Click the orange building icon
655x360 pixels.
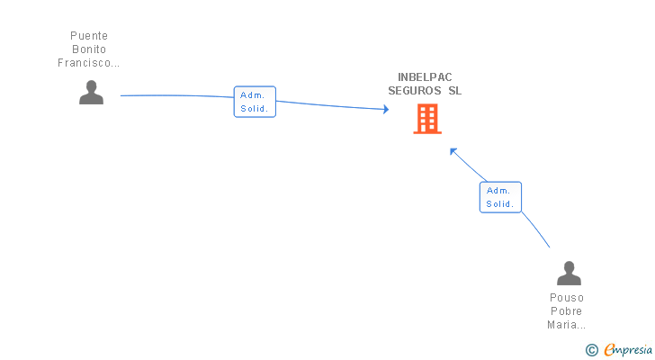[x=427, y=119]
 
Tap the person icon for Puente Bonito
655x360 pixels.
[x=91, y=93]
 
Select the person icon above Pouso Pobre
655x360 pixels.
[x=569, y=273]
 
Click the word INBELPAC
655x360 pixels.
[x=425, y=77]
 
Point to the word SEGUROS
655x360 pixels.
[x=415, y=91]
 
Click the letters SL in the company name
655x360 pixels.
[x=455, y=91]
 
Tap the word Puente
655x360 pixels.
[x=89, y=35]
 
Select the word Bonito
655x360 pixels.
[x=89, y=49]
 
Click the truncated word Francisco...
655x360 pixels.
[x=88, y=63]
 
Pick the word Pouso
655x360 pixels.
[x=567, y=298]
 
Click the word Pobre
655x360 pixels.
[x=567, y=311]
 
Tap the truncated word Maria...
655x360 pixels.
[x=567, y=325]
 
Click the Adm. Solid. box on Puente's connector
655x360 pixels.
[x=255, y=102]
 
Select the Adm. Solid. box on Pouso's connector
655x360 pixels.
[x=500, y=197]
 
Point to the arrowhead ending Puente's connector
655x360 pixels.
[x=386, y=110]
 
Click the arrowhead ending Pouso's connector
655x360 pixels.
[x=453, y=151]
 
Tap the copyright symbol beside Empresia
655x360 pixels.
[x=591, y=350]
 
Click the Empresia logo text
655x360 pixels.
[x=628, y=349]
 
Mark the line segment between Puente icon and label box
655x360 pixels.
[x=177, y=95]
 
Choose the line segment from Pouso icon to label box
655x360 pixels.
[x=535, y=229]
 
